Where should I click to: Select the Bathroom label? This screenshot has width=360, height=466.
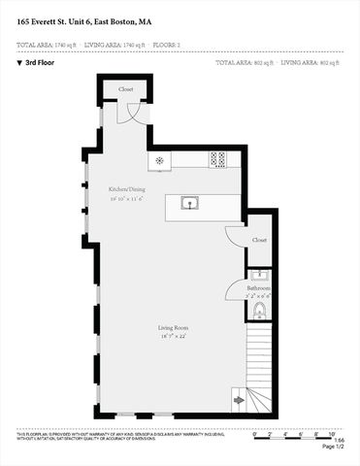[257, 288]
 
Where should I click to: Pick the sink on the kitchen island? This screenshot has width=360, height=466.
[189, 203]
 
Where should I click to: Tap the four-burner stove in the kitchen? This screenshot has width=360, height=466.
[218, 158]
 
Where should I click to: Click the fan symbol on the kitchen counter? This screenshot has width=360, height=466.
[156, 158]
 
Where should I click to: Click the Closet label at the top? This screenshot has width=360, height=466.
[126, 88]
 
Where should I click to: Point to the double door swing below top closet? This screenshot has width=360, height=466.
[129, 112]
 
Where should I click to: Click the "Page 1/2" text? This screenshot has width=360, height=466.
[333, 446]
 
